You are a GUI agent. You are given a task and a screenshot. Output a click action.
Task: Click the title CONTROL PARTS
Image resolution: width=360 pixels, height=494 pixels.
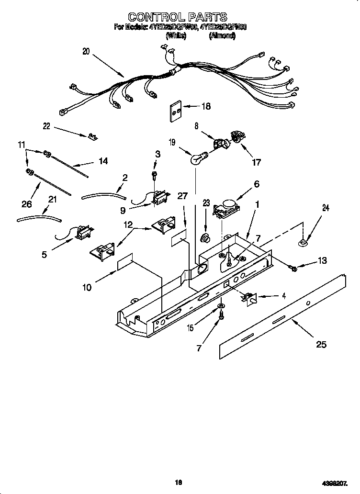pos(178,18)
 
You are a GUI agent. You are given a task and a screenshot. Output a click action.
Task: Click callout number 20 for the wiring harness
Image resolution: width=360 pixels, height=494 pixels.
pos(86,52)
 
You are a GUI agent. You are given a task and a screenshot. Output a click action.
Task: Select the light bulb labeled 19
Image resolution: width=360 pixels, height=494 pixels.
pos(196,158)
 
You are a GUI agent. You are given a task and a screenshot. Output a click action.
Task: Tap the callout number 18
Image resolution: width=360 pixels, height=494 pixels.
pos(206,106)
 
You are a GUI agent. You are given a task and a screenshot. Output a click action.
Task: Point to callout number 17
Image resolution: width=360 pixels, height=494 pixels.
pos(257,162)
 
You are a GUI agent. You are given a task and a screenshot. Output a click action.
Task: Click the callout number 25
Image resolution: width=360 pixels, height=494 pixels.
pos(321,344)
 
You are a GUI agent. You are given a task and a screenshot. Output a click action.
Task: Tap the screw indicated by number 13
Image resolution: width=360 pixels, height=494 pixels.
pos(293,269)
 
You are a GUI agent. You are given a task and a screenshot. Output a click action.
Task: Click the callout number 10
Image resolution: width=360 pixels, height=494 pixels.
pos(87,287)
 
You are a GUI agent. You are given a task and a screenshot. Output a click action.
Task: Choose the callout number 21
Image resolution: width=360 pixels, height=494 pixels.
pos(53,199)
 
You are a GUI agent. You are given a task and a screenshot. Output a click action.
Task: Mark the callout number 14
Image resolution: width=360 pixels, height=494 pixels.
pos(102,161)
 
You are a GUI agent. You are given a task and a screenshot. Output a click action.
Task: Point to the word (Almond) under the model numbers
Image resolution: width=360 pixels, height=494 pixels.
pos(222,35)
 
